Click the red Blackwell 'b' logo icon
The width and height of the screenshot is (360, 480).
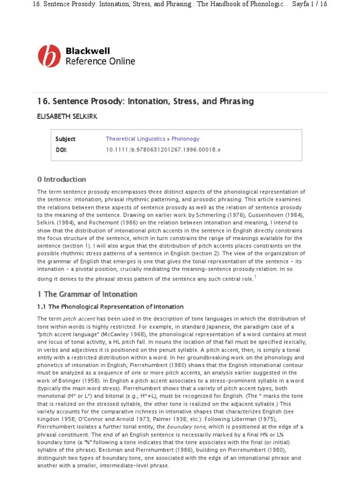(49, 56)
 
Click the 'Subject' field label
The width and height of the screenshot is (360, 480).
(65, 139)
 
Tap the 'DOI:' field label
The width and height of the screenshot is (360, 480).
(62, 150)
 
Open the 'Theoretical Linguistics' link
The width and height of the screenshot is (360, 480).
(135, 139)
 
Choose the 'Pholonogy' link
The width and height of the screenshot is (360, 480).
(185, 139)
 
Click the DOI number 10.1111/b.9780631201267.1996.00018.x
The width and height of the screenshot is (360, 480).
(163, 150)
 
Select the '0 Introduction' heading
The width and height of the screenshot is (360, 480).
(61, 179)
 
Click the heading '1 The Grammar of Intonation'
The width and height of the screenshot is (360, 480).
(87, 294)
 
